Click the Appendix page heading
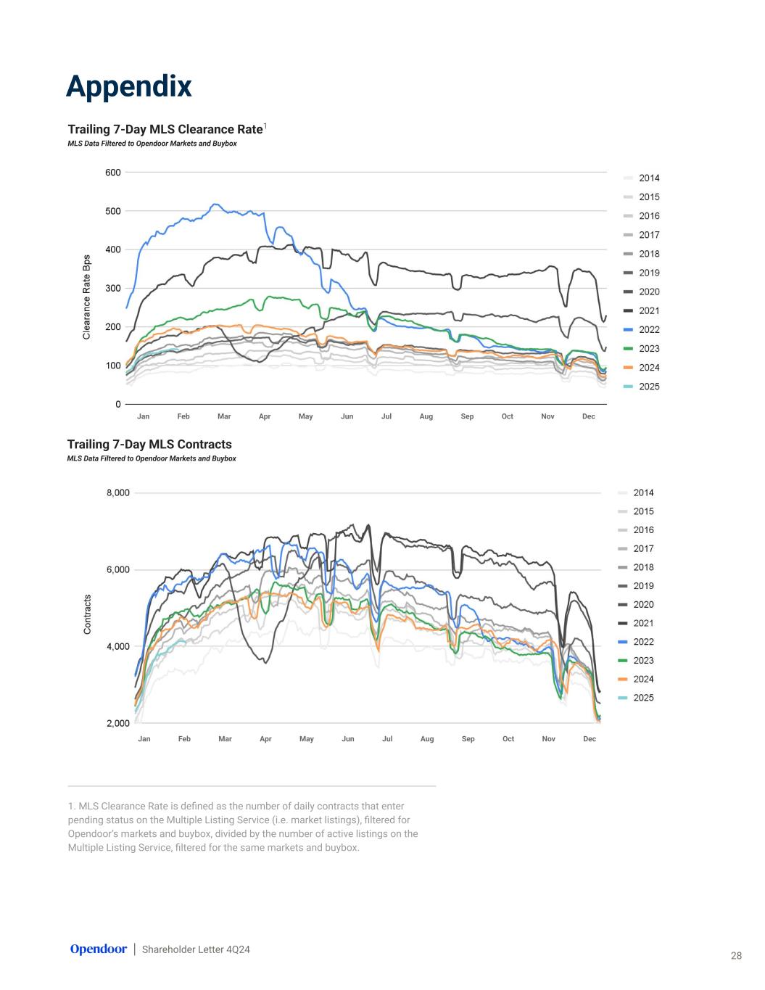click(x=128, y=86)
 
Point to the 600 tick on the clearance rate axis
click(x=112, y=173)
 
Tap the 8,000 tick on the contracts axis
click(x=117, y=493)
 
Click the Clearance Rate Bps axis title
click(x=87, y=297)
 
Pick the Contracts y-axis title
click(x=87, y=614)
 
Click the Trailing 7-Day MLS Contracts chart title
click(x=149, y=445)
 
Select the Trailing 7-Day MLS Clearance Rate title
click(x=165, y=129)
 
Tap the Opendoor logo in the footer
click(x=98, y=949)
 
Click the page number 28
click(x=736, y=956)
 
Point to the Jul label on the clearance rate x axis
click(x=386, y=416)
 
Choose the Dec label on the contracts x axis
click(x=590, y=739)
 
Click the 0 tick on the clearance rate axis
click(x=118, y=404)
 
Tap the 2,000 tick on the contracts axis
click(x=117, y=723)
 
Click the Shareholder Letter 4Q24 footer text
click(x=196, y=949)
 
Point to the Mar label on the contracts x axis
click(x=225, y=739)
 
